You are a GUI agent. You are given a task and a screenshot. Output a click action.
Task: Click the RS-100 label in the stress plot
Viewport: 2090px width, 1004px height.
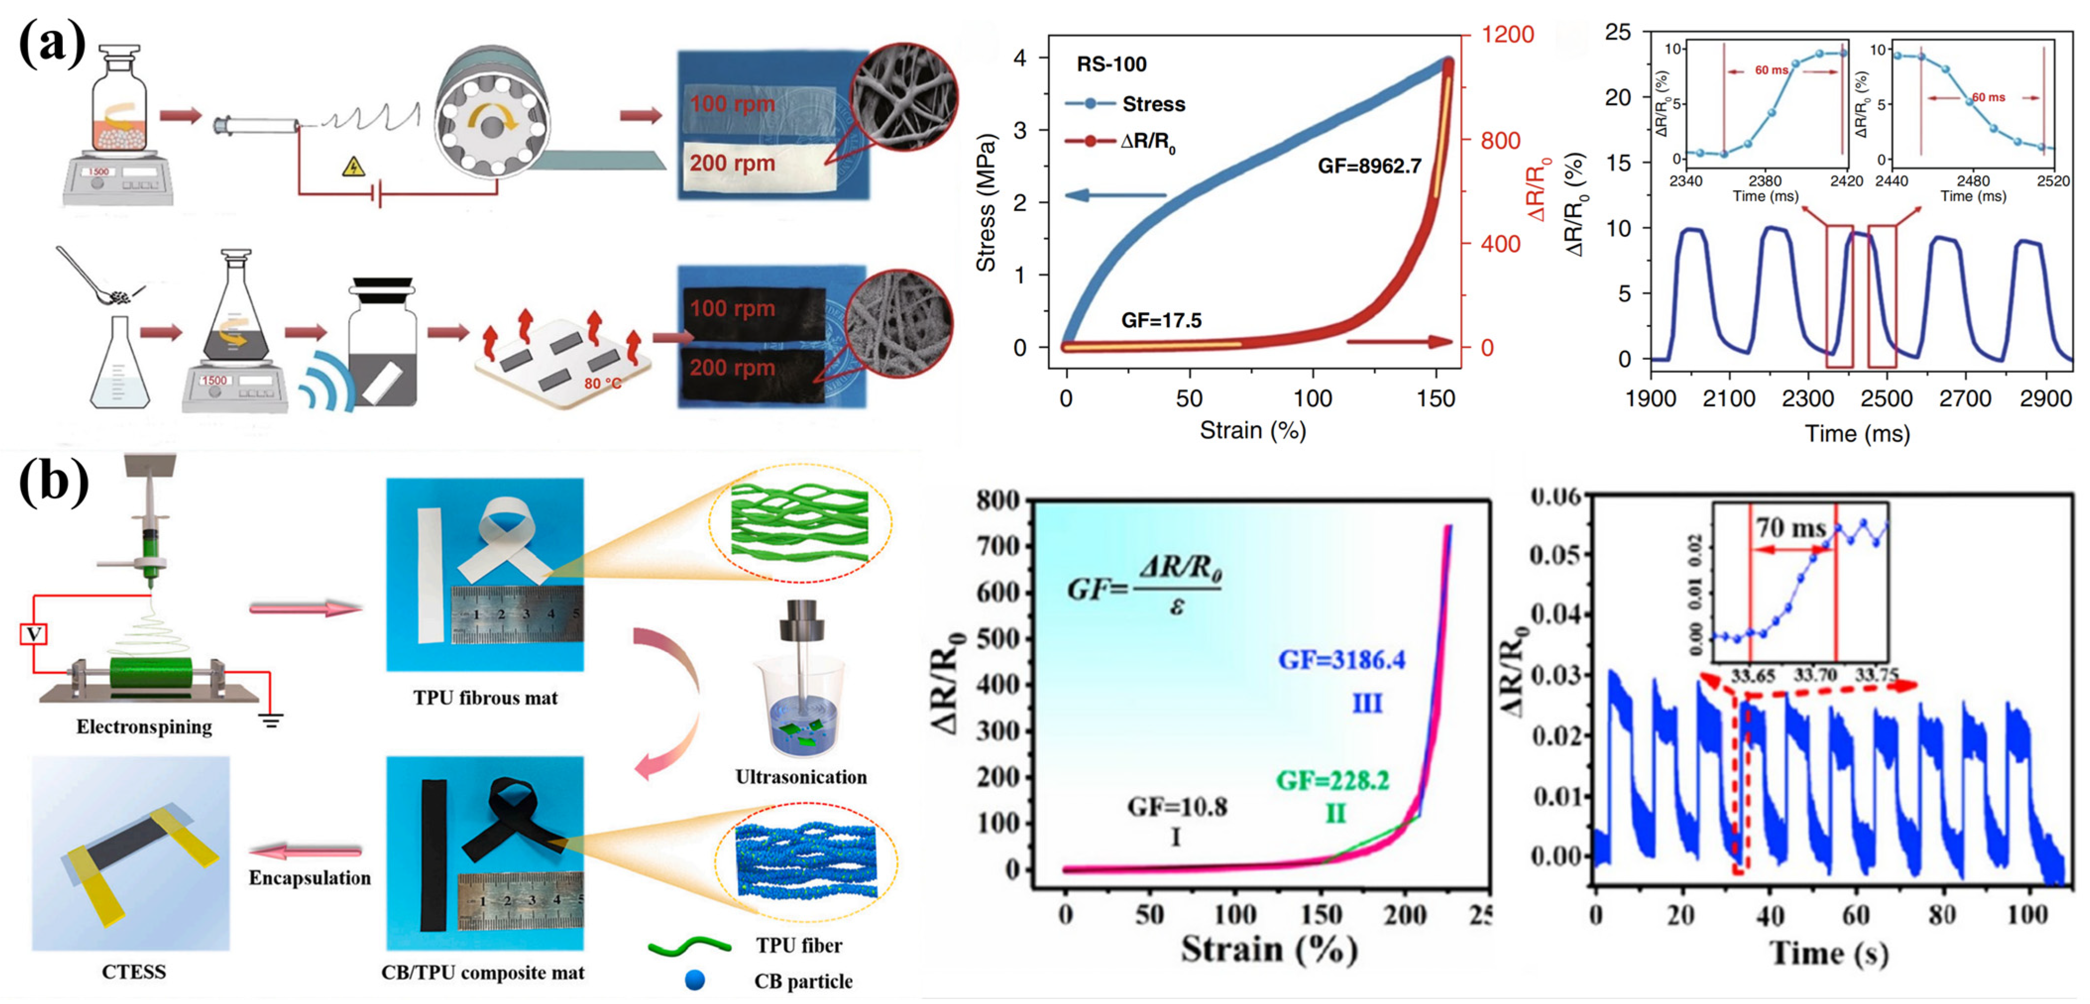tap(1111, 64)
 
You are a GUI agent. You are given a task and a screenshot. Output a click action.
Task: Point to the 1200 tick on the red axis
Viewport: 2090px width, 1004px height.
tap(1507, 34)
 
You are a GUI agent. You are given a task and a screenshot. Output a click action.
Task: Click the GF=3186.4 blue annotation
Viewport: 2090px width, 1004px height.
tap(1342, 660)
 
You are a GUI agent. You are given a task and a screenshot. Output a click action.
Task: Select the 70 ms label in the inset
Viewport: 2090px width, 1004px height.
tap(1791, 528)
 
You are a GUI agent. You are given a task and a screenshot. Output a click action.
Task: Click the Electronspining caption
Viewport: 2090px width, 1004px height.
tap(144, 726)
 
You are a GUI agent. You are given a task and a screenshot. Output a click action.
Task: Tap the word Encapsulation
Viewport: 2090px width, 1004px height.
tap(309, 877)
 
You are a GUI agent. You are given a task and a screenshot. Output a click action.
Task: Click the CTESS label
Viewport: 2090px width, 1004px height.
tap(134, 971)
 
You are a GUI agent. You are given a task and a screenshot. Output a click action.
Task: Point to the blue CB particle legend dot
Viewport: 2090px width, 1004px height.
tap(695, 981)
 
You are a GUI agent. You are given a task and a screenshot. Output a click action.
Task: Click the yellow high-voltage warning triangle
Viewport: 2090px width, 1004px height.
tap(353, 167)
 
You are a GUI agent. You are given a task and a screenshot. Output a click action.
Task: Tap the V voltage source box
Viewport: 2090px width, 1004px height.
tap(33, 633)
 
